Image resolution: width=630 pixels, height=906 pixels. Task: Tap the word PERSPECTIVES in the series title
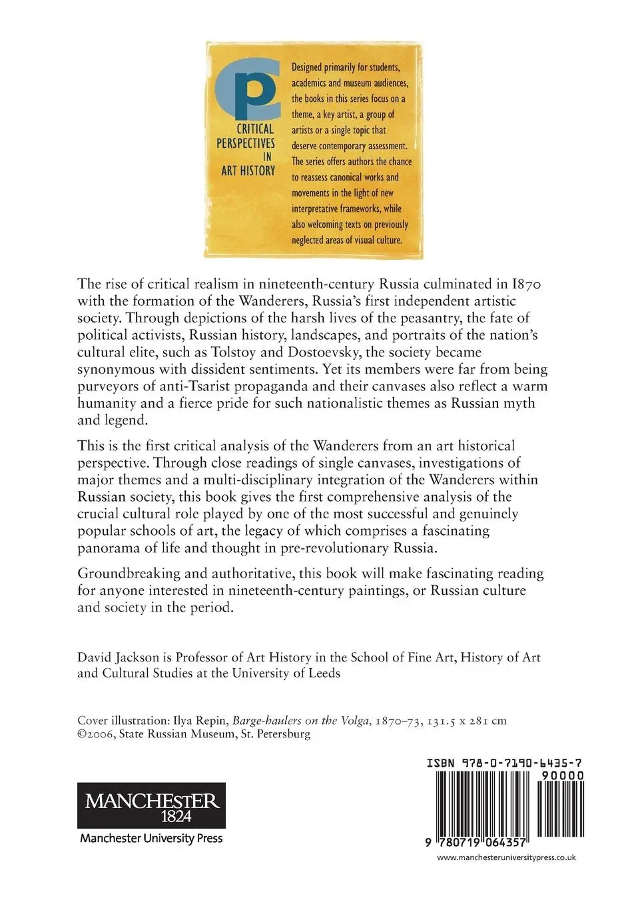click(246, 143)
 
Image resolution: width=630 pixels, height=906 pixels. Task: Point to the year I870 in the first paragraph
click(526, 284)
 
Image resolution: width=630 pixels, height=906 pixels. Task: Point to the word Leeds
click(324, 673)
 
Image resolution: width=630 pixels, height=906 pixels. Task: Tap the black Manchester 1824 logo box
click(152, 805)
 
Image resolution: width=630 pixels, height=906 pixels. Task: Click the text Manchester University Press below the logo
click(151, 838)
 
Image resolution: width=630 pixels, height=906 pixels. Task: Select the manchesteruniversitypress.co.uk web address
click(505, 858)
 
